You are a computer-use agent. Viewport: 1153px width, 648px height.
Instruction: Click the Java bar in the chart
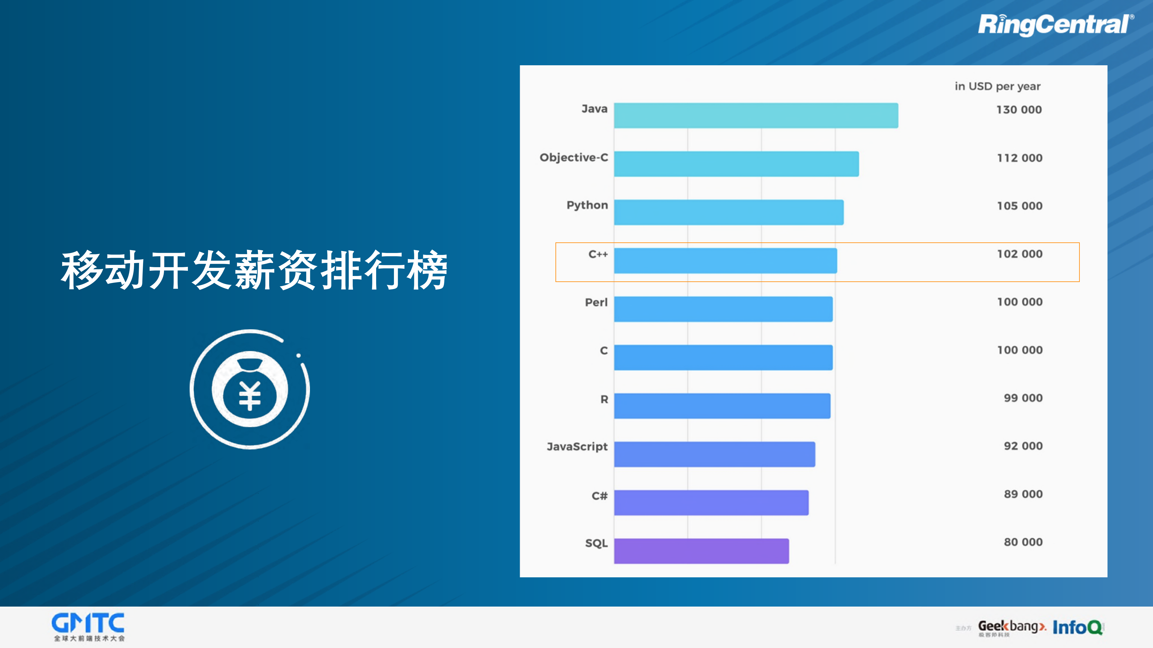coord(755,115)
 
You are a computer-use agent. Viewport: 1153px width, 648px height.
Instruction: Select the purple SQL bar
coord(701,551)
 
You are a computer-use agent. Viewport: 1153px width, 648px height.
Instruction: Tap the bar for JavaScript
coord(714,454)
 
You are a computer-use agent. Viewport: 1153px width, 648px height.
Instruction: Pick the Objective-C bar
coord(736,164)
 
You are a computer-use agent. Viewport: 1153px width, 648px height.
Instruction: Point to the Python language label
coord(587,205)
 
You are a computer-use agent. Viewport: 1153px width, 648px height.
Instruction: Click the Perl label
coord(596,302)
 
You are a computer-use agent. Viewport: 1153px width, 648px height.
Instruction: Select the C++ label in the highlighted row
coord(598,254)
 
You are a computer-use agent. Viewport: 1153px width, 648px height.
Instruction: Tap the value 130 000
coord(1019,110)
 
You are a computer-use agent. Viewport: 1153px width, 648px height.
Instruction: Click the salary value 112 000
coord(1020,158)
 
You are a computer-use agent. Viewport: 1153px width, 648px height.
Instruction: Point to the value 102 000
coord(1020,254)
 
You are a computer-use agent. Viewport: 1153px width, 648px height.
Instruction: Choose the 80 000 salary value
coord(1023,542)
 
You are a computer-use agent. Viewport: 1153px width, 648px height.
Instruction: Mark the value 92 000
coord(1023,446)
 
